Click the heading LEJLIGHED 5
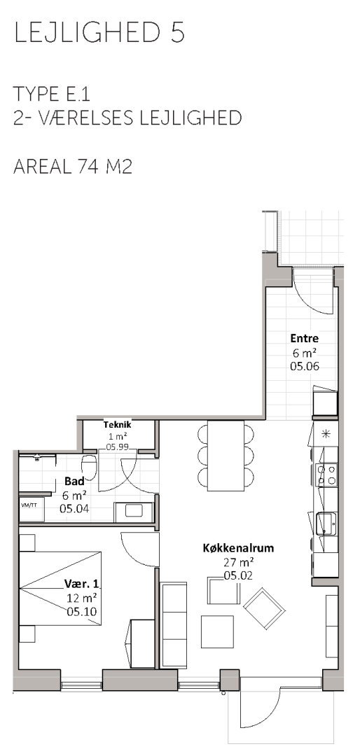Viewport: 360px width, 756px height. pos(99,34)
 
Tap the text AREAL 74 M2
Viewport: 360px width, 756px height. pos(73,167)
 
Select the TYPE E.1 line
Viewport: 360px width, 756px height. pos(52,94)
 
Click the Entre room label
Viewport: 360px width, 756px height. pos(305,339)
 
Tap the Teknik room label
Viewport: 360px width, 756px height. pos(117,425)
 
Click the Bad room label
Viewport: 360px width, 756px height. pos(74,481)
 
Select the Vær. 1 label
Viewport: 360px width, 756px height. pos(81,584)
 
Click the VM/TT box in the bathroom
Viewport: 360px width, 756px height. pos(32,510)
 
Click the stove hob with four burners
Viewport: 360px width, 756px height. pos(326,475)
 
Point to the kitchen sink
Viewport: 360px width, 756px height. pos(326,524)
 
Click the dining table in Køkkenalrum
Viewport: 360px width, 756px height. pos(226,455)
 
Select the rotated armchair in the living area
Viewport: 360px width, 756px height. pos(264,608)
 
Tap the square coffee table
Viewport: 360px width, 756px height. pos(217,631)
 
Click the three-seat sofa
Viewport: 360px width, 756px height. pos(173,625)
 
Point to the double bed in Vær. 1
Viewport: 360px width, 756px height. pos(60,588)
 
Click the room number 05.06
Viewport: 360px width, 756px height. pos(305,366)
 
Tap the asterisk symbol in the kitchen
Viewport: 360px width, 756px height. pos(325,433)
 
